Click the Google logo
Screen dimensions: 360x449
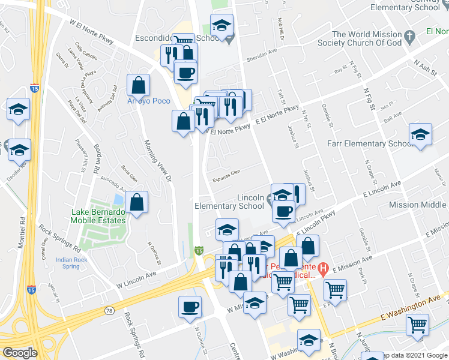click(20, 353)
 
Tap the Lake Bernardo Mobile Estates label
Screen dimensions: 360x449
click(99, 216)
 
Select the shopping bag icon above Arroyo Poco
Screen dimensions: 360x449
click(138, 85)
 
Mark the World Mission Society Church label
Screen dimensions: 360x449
click(366, 38)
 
